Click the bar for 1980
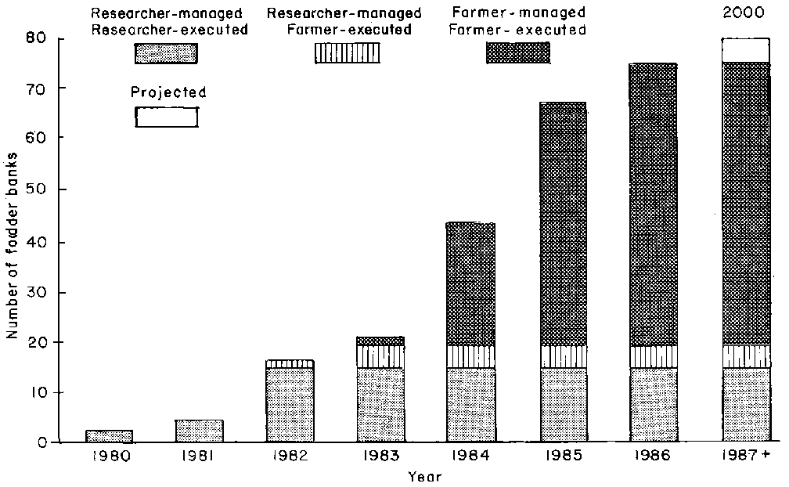tap(109, 436)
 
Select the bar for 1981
tap(200, 431)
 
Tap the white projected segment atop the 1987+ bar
tap(745, 50)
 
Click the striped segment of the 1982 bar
tap(290, 364)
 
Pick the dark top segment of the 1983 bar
tap(380, 341)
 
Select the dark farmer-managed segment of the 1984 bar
tap(470, 284)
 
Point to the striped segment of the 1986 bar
tap(654, 356)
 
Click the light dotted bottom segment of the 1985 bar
tap(562, 405)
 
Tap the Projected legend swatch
tap(166, 117)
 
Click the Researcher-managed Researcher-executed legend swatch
tap(166, 53)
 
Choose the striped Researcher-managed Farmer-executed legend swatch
tap(348, 53)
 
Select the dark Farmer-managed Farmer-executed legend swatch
tap(517, 52)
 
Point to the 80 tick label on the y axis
tap(37, 38)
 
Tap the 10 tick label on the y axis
tap(37, 392)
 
